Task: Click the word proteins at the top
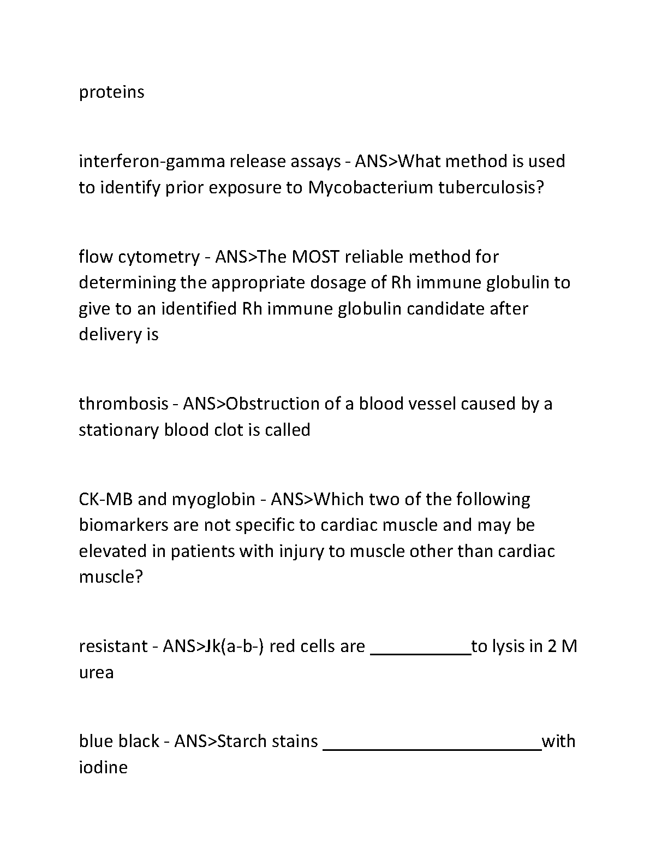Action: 111,92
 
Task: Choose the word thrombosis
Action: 123,404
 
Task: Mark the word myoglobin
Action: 213,500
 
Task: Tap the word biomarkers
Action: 123,525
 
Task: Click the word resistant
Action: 113,647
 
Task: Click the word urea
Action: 96,673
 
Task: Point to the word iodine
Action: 103,767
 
